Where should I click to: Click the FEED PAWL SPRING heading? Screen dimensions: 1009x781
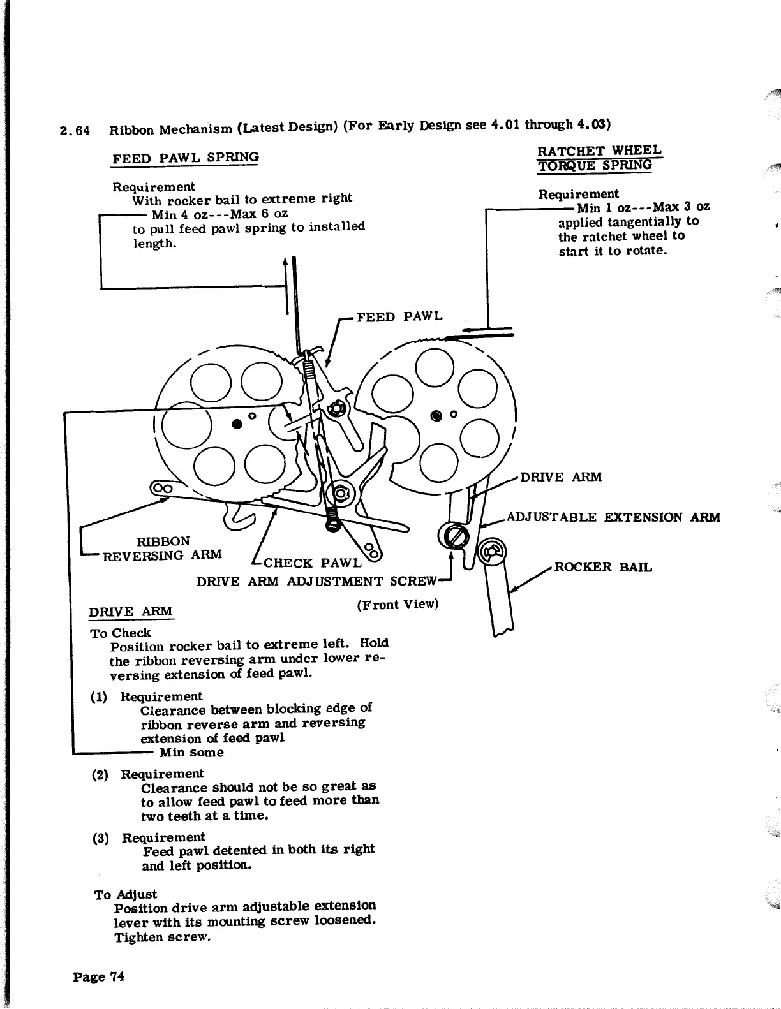(x=186, y=157)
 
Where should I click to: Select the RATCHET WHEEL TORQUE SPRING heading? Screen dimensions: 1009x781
(x=599, y=158)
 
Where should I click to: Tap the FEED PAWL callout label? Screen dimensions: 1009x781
(x=399, y=316)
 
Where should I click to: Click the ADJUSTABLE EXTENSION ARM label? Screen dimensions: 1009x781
(x=613, y=517)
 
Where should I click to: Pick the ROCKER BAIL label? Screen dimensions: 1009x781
(x=603, y=567)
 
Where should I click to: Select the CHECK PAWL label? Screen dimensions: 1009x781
(x=313, y=563)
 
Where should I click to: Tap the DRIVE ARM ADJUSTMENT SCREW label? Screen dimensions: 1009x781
(x=316, y=581)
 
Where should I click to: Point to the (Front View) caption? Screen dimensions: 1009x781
(x=398, y=603)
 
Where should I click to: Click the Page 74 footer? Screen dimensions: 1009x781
(x=99, y=976)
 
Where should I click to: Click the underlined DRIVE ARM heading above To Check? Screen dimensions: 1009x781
(x=131, y=612)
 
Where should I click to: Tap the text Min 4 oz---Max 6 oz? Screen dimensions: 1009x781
(x=219, y=214)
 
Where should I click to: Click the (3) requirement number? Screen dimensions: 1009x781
(x=100, y=837)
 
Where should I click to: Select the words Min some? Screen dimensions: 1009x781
(x=191, y=753)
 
